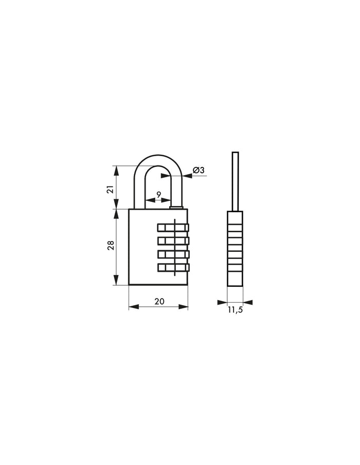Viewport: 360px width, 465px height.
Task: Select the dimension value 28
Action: pyautogui.click(x=110, y=246)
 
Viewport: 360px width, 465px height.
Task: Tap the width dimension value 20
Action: pyautogui.click(x=159, y=302)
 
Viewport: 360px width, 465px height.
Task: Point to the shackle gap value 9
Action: pyautogui.click(x=158, y=194)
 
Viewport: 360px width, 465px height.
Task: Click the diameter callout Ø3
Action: pyautogui.click(x=199, y=170)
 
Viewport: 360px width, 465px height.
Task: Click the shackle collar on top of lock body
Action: pyautogui.click(x=176, y=208)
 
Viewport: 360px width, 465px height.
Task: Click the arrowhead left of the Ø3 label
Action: pyautogui.click(x=188, y=176)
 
